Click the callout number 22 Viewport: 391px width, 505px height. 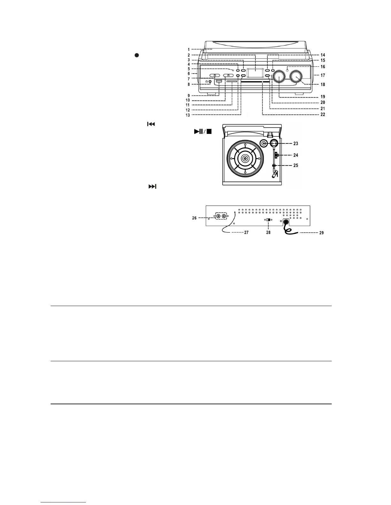point(323,114)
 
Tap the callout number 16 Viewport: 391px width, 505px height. point(323,67)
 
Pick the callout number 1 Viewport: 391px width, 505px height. point(189,49)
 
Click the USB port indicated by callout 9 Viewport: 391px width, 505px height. point(218,82)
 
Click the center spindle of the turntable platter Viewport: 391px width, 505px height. point(245,158)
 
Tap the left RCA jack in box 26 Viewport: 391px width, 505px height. point(218,216)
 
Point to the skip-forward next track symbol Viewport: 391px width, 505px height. point(152,187)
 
